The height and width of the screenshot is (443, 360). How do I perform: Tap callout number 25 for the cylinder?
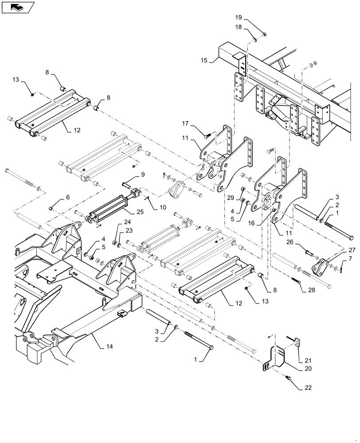(140, 212)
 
